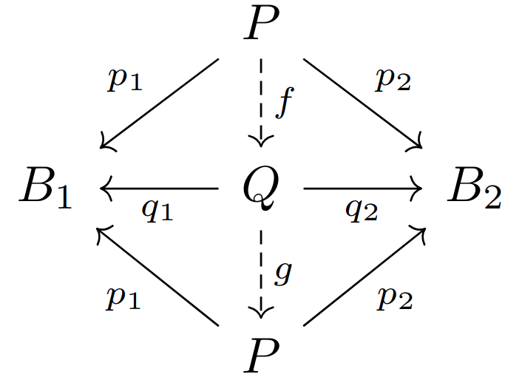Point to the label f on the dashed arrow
285,103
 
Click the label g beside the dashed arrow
283,273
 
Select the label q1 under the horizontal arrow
157,211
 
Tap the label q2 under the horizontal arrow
362,211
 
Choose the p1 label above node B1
123,80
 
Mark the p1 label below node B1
123,297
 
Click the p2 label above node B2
393,80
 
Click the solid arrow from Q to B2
362,189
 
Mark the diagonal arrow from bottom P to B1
159,277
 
